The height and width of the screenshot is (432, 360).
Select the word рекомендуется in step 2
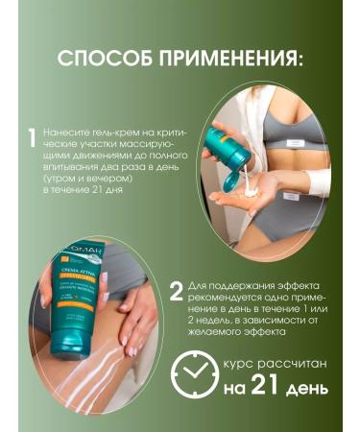coord(223,298)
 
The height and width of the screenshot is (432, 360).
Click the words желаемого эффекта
coord(235,333)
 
